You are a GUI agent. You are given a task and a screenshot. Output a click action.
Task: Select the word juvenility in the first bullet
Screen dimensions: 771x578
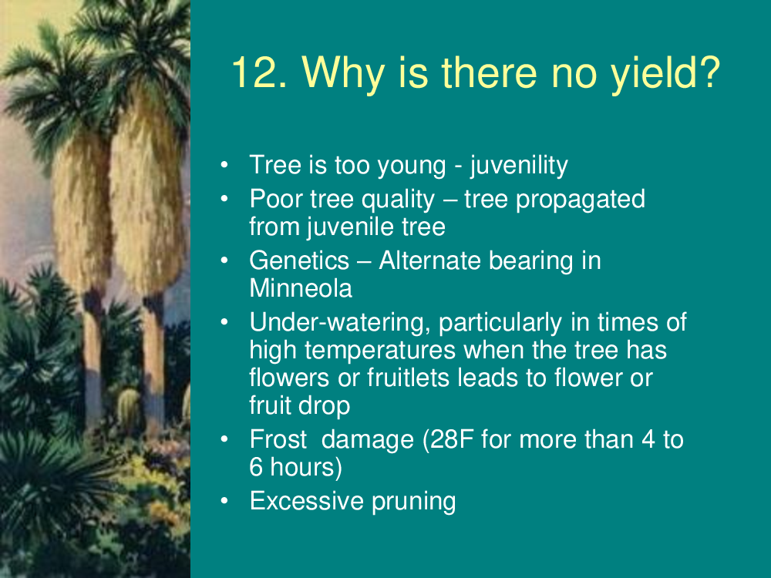click(519, 166)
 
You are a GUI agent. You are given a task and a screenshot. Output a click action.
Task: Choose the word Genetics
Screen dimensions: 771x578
click(299, 260)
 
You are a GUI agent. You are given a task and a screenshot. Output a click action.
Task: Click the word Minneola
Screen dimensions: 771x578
click(301, 288)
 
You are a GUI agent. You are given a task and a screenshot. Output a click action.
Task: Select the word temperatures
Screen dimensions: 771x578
click(380, 351)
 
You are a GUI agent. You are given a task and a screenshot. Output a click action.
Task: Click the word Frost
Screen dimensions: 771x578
click(278, 439)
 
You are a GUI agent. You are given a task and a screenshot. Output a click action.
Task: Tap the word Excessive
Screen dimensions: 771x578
click(307, 501)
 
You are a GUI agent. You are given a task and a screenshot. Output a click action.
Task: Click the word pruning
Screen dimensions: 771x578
click(413, 502)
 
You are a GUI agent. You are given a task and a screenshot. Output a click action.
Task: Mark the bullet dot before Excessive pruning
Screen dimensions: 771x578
click(224, 501)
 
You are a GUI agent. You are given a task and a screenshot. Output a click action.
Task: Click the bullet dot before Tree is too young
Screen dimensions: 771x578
click(224, 165)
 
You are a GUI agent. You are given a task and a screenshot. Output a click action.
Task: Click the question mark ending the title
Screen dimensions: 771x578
click(709, 72)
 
